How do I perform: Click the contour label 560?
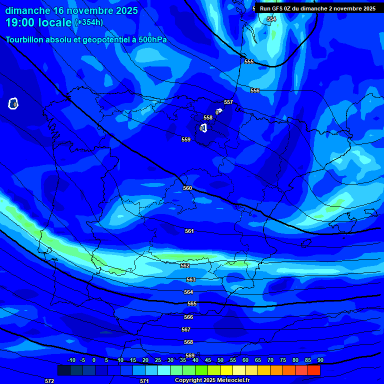pos(187,188)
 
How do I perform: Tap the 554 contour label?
pos(271,19)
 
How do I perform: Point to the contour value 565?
pos(192,304)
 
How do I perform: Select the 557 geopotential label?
pos(228,102)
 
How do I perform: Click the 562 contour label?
pos(185,266)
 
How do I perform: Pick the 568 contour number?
pos(188,342)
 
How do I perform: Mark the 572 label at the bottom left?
pos(49,381)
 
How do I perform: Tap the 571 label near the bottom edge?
pos(144,381)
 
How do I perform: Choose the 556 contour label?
pos(255,90)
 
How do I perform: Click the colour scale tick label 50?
pos(220,360)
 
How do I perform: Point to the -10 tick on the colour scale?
pos(71,360)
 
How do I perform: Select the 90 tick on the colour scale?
pos(320,360)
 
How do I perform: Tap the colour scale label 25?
pos(157,360)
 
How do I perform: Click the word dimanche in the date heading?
pos(27,10)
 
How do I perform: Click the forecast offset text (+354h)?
pos(88,22)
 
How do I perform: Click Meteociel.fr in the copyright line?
pos(233,380)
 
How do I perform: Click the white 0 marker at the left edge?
pos(13,104)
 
